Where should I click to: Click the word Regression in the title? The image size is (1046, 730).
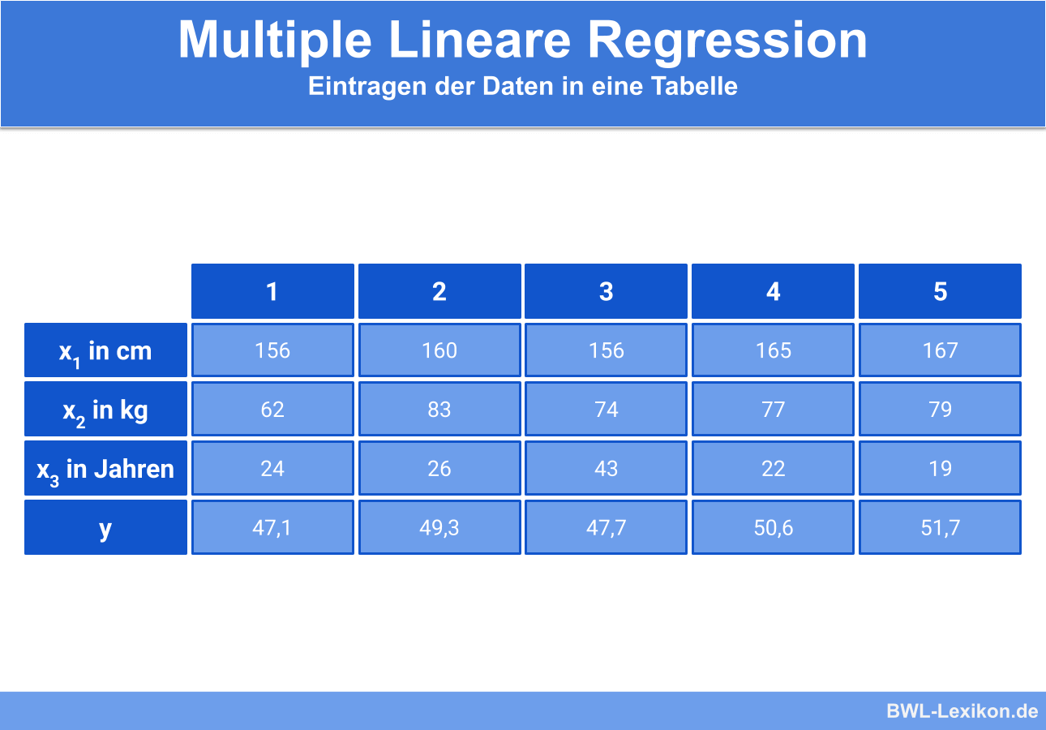click(727, 41)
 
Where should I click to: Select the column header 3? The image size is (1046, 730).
click(607, 291)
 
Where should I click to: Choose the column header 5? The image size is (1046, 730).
click(940, 291)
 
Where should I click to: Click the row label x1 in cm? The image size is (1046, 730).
click(105, 350)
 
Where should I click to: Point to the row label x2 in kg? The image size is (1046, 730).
click(105, 409)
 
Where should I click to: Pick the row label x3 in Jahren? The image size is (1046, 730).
click(105, 468)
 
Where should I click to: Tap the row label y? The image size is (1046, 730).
click(105, 527)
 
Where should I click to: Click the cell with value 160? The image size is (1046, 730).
click(439, 350)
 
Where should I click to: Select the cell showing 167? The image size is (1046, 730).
click(940, 350)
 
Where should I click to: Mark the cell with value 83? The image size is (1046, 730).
click(439, 409)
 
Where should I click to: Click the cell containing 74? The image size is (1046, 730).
click(607, 409)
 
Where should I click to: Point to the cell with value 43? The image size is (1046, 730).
click(607, 468)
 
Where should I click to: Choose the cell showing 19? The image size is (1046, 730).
click(940, 468)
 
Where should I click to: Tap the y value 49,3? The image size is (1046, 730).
click(439, 527)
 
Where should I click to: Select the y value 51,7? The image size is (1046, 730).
click(940, 527)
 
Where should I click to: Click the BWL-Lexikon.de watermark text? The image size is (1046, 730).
click(962, 711)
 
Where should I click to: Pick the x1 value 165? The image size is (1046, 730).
click(774, 350)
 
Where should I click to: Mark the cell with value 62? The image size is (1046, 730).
click(272, 409)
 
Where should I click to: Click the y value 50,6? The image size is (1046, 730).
click(774, 527)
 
